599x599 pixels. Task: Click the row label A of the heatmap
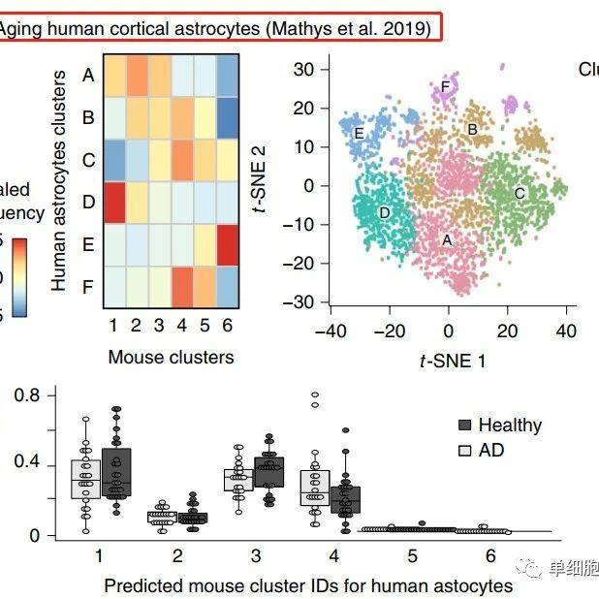(x=88, y=75)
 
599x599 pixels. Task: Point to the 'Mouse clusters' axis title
(x=171, y=357)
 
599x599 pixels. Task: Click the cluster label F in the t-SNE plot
(x=446, y=87)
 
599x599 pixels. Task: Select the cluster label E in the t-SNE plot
(x=359, y=133)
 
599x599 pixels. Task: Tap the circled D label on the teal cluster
(x=385, y=212)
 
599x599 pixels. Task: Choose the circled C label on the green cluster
(x=520, y=193)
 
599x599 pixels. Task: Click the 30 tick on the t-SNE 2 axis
(x=305, y=69)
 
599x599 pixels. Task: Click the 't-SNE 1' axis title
(x=452, y=361)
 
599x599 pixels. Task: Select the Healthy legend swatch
(x=463, y=426)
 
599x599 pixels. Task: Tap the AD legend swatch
(x=463, y=451)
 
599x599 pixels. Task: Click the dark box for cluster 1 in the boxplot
(x=116, y=473)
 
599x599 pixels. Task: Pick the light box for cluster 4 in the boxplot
(x=315, y=488)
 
